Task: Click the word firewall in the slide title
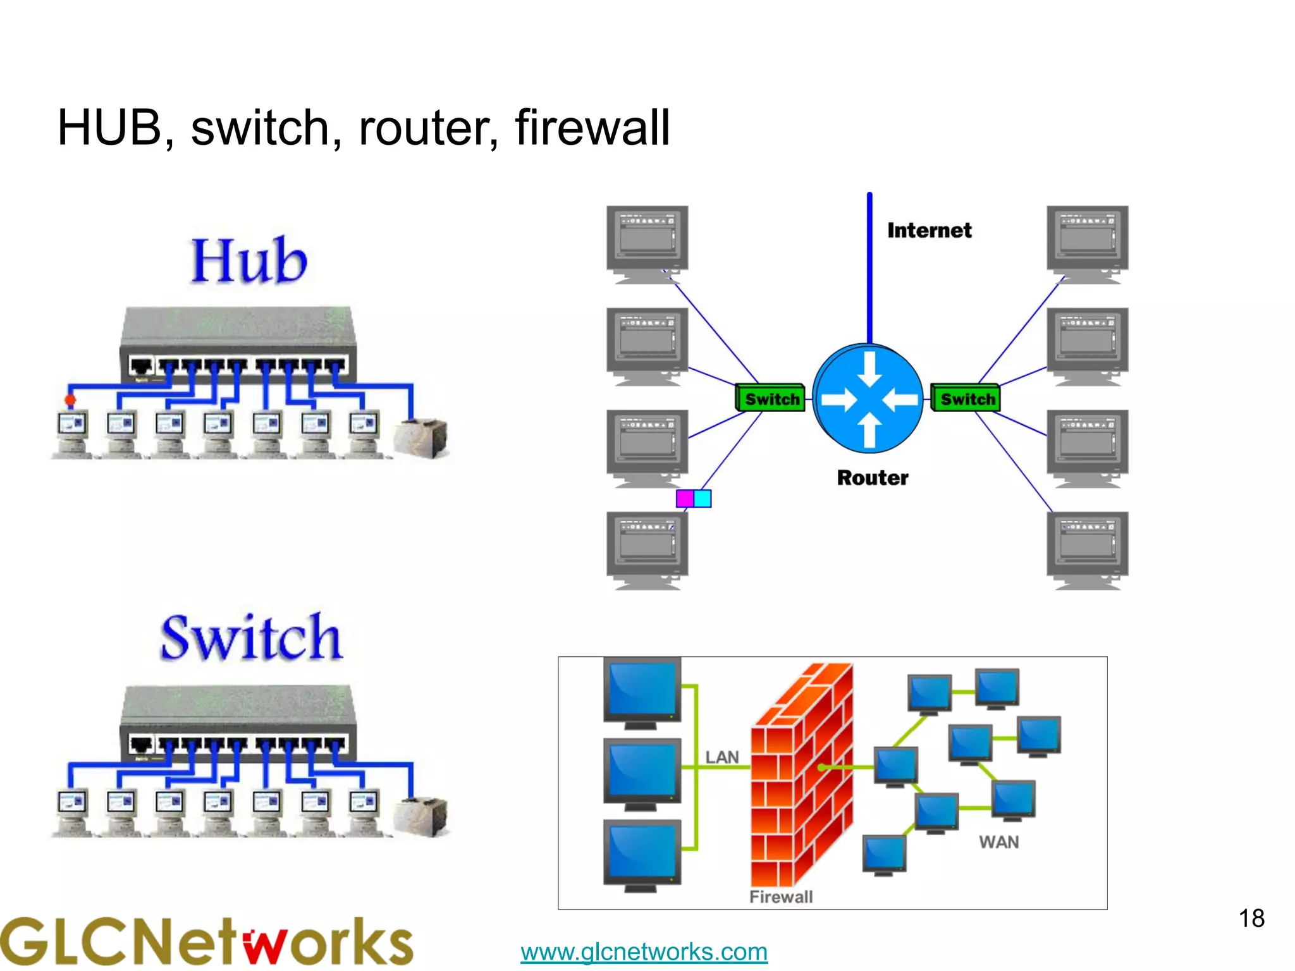(592, 128)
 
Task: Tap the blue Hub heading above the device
(249, 260)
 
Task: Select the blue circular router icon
(868, 398)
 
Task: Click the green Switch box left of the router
(771, 399)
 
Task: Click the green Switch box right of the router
(966, 399)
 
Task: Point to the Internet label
(929, 230)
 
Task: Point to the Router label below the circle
(873, 477)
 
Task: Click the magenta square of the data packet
(685, 499)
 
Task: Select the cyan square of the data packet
(703, 499)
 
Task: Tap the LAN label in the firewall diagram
(721, 757)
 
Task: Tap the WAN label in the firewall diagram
(998, 842)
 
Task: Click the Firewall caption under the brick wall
(781, 896)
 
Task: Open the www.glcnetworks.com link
(644, 951)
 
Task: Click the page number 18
(1251, 919)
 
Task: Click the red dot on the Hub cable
(70, 400)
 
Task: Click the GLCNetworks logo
(206, 942)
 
